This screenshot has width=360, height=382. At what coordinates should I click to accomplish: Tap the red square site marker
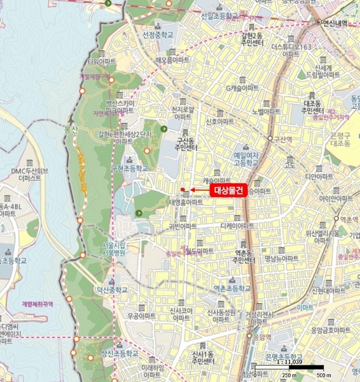[x=183, y=189]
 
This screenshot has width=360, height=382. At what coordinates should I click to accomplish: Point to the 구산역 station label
[x=282, y=139]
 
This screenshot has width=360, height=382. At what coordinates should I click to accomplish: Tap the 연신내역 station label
[x=336, y=22]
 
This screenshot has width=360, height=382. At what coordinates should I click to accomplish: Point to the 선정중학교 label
[x=158, y=34]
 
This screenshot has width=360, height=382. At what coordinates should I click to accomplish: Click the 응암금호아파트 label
[x=331, y=330]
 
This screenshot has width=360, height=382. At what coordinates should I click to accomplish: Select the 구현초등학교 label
[x=130, y=168]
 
